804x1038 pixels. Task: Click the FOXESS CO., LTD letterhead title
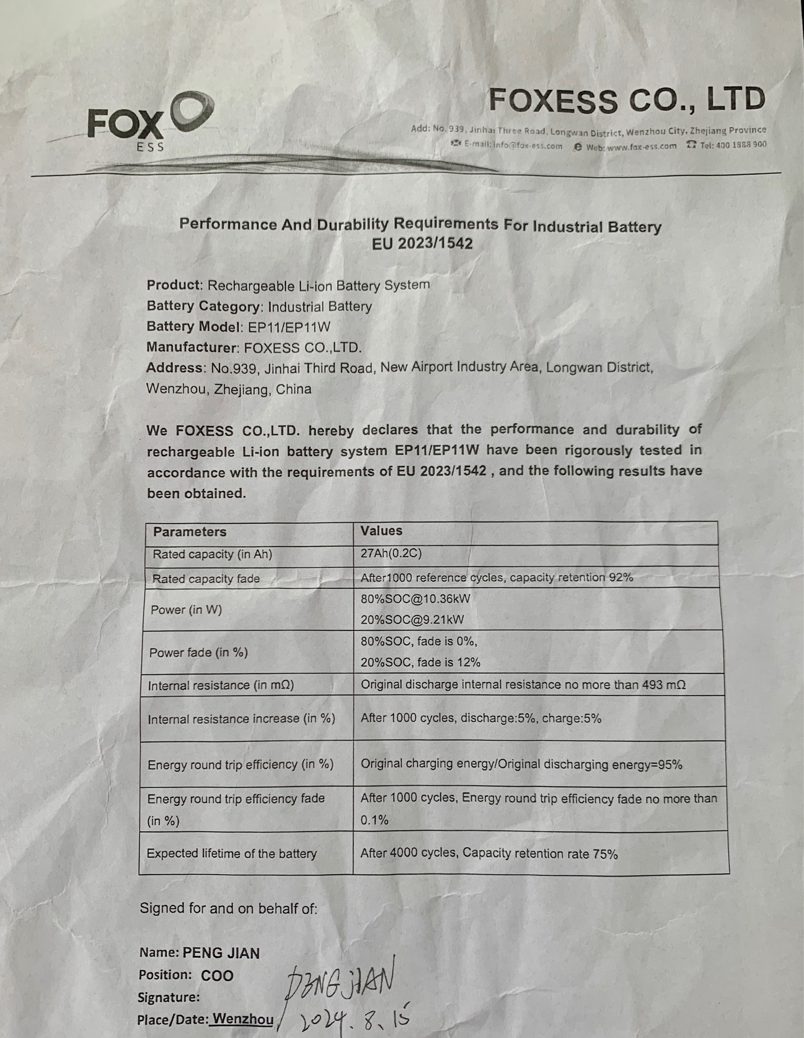click(x=626, y=99)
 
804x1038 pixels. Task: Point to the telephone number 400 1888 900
click(x=733, y=145)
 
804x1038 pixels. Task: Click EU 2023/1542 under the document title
click(x=422, y=244)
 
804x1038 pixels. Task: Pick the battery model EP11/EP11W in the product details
click(x=290, y=327)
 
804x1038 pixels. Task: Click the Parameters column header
click(x=189, y=532)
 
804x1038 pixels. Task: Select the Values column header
click(x=381, y=530)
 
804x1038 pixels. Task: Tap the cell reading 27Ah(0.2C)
click(x=391, y=553)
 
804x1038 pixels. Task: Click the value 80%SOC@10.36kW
click(x=416, y=599)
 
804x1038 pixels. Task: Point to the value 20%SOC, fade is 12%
click(x=420, y=662)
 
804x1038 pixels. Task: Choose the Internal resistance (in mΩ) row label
click(x=221, y=685)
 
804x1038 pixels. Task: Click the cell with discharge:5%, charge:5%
click(x=481, y=718)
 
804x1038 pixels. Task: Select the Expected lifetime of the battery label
click(x=232, y=854)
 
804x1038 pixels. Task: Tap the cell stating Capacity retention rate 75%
click(x=489, y=854)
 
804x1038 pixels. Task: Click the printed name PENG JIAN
click(x=221, y=953)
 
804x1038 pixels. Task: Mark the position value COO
click(x=217, y=975)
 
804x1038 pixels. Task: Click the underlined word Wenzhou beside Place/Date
click(x=242, y=1019)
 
